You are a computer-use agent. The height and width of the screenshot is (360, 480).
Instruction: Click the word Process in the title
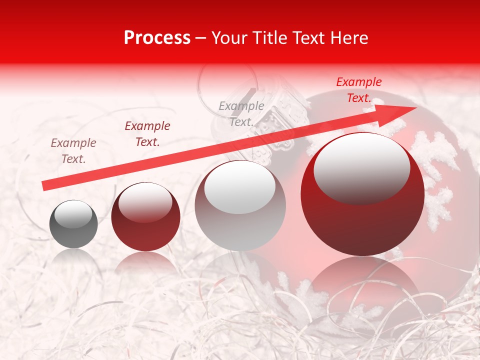(x=157, y=37)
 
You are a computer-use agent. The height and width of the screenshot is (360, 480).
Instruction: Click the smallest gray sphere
(x=73, y=224)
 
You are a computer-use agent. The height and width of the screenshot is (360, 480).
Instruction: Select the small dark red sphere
(x=145, y=217)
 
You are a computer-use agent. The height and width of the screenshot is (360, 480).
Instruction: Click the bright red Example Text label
(x=358, y=90)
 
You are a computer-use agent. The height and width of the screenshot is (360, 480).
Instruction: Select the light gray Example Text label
(x=241, y=113)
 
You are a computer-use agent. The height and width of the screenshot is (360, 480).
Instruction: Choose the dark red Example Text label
(x=147, y=133)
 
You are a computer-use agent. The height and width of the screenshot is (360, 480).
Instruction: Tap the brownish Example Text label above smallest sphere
(x=73, y=150)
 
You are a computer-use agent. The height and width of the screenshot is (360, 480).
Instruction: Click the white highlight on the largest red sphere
(x=361, y=168)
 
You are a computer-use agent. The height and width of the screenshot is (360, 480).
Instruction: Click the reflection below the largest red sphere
(x=362, y=280)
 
